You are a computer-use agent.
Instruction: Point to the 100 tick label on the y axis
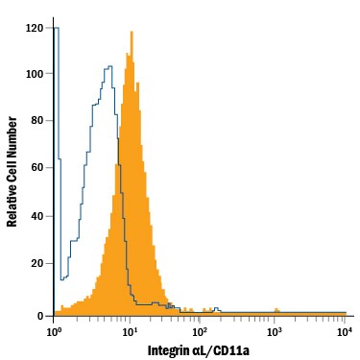pos(36,73)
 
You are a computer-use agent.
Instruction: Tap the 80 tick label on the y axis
pos(38,120)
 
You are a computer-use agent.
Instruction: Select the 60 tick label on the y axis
pos(38,167)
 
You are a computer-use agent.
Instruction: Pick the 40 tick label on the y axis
pos(38,215)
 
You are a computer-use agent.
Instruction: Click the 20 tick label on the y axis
pos(38,262)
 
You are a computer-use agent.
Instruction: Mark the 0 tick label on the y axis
pos(41,316)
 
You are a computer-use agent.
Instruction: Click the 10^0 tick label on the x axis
pos(54,331)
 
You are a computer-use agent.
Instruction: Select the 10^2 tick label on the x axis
pos(200,331)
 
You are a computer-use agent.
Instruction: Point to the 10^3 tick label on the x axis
pos(273,331)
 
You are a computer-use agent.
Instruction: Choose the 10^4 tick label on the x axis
pos(345,331)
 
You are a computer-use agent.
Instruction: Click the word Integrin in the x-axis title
pos(170,349)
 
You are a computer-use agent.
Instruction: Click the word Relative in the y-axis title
pos(13,202)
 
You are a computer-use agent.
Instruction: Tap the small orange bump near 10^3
pos(276,310)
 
